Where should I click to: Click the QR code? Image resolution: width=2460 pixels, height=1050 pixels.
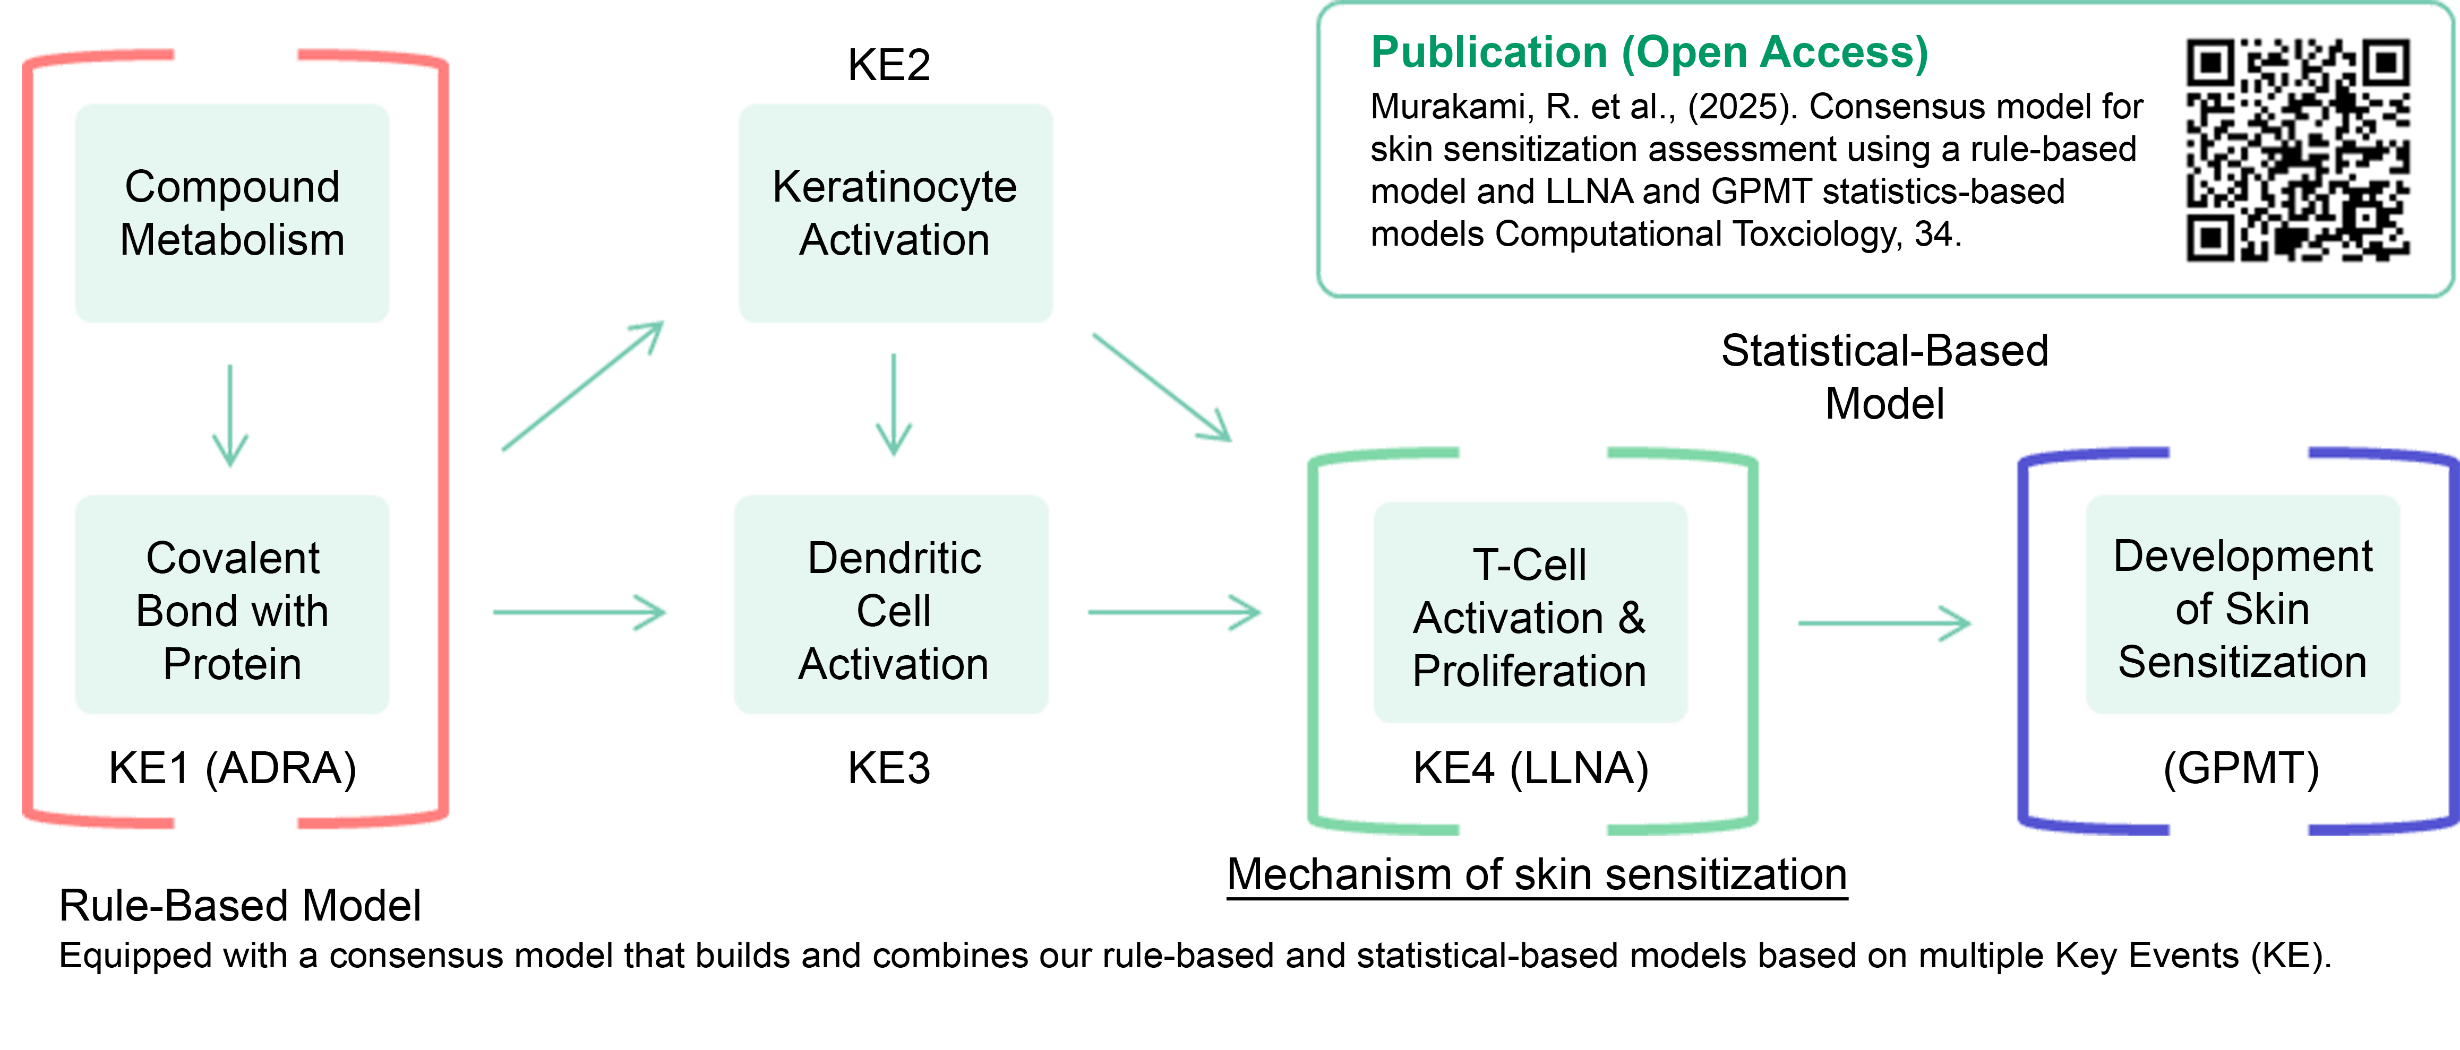click(2298, 150)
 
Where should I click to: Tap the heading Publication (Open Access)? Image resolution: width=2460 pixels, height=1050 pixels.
click(1649, 53)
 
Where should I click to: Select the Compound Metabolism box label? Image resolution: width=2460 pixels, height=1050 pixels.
click(232, 213)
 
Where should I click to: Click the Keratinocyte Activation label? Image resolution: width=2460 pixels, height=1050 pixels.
click(894, 213)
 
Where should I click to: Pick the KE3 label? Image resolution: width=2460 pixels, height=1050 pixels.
click(889, 768)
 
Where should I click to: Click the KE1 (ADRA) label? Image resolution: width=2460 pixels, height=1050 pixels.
click(233, 768)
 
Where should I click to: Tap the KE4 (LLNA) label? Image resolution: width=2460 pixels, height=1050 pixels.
click(1531, 768)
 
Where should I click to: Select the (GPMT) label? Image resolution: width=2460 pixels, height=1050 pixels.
click(2241, 768)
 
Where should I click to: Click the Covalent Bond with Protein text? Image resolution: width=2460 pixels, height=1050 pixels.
click(232, 611)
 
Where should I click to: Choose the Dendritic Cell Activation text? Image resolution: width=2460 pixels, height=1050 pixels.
click(894, 611)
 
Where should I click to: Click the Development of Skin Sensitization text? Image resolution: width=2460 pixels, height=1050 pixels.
click(2242, 609)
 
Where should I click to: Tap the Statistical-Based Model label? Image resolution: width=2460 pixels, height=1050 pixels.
click(1884, 377)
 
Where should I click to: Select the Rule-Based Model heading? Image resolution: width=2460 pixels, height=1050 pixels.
click(239, 906)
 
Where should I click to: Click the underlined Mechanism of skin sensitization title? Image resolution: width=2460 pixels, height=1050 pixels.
click(1537, 874)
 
